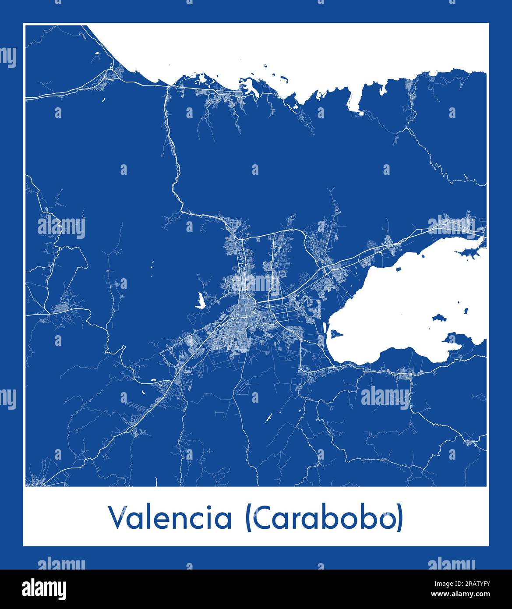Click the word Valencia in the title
click(170, 518)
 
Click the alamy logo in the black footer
click(44, 588)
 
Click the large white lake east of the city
click(407, 302)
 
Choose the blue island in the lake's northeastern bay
click(468, 252)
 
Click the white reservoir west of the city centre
click(201, 301)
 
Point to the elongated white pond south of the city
click(269, 418)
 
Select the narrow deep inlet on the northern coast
click(354, 99)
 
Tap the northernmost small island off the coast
click(265, 67)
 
